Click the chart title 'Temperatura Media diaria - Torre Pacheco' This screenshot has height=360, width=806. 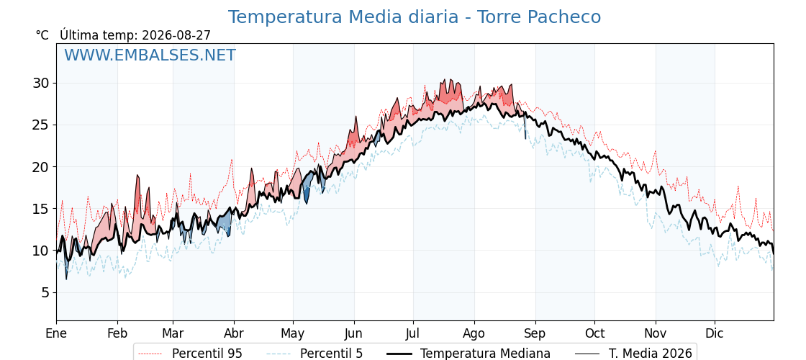pos(415,17)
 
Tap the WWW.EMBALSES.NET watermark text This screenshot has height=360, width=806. pos(150,55)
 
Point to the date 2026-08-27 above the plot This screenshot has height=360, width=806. pos(176,35)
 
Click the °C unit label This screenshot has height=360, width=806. pos(42,35)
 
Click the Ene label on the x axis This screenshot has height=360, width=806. pos(57,333)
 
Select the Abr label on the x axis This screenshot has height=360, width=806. pos(234,333)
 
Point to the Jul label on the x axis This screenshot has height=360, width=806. pos(413,333)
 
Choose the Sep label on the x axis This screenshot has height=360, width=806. pos(535,333)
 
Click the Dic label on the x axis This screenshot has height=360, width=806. pos(715,333)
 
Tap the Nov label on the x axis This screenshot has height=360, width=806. pos(656,333)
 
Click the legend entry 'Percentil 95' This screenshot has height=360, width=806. pos(207,354)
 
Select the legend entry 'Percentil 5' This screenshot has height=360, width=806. pos(332,354)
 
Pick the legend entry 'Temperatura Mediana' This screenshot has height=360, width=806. pos(485,354)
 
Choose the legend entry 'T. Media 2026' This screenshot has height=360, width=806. pos(651,354)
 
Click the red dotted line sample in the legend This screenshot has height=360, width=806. pos(151,354)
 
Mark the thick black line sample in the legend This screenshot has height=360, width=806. pos(399,354)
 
